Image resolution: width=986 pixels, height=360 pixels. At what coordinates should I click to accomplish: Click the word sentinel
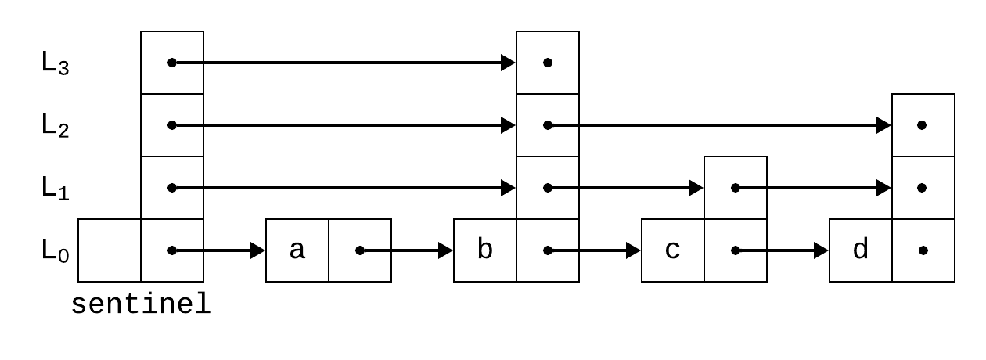(141, 304)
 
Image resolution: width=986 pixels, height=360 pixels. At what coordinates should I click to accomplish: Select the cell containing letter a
(297, 250)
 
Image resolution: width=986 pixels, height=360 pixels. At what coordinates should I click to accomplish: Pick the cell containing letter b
(485, 250)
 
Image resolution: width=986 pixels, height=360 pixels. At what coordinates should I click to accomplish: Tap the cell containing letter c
(673, 250)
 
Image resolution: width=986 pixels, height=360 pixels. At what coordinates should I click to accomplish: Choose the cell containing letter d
(861, 250)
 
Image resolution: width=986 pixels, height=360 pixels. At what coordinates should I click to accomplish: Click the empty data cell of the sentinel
(110, 250)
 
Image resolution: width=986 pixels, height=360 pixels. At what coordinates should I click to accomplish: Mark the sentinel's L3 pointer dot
(172, 63)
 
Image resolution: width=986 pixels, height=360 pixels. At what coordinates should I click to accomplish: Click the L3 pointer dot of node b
(548, 63)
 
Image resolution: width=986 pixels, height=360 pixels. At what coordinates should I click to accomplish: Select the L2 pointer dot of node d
(923, 125)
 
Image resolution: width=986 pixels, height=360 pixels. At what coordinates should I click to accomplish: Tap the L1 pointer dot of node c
(736, 188)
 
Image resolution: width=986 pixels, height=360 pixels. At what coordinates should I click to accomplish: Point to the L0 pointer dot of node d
(923, 250)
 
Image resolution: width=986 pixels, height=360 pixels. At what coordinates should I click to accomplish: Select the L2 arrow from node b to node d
(720, 125)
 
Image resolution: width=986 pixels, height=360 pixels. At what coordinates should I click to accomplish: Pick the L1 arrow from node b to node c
(626, 188)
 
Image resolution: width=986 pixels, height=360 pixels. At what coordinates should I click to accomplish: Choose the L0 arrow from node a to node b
(407, 250)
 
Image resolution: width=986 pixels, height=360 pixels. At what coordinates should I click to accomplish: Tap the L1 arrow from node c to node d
(814, 188)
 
